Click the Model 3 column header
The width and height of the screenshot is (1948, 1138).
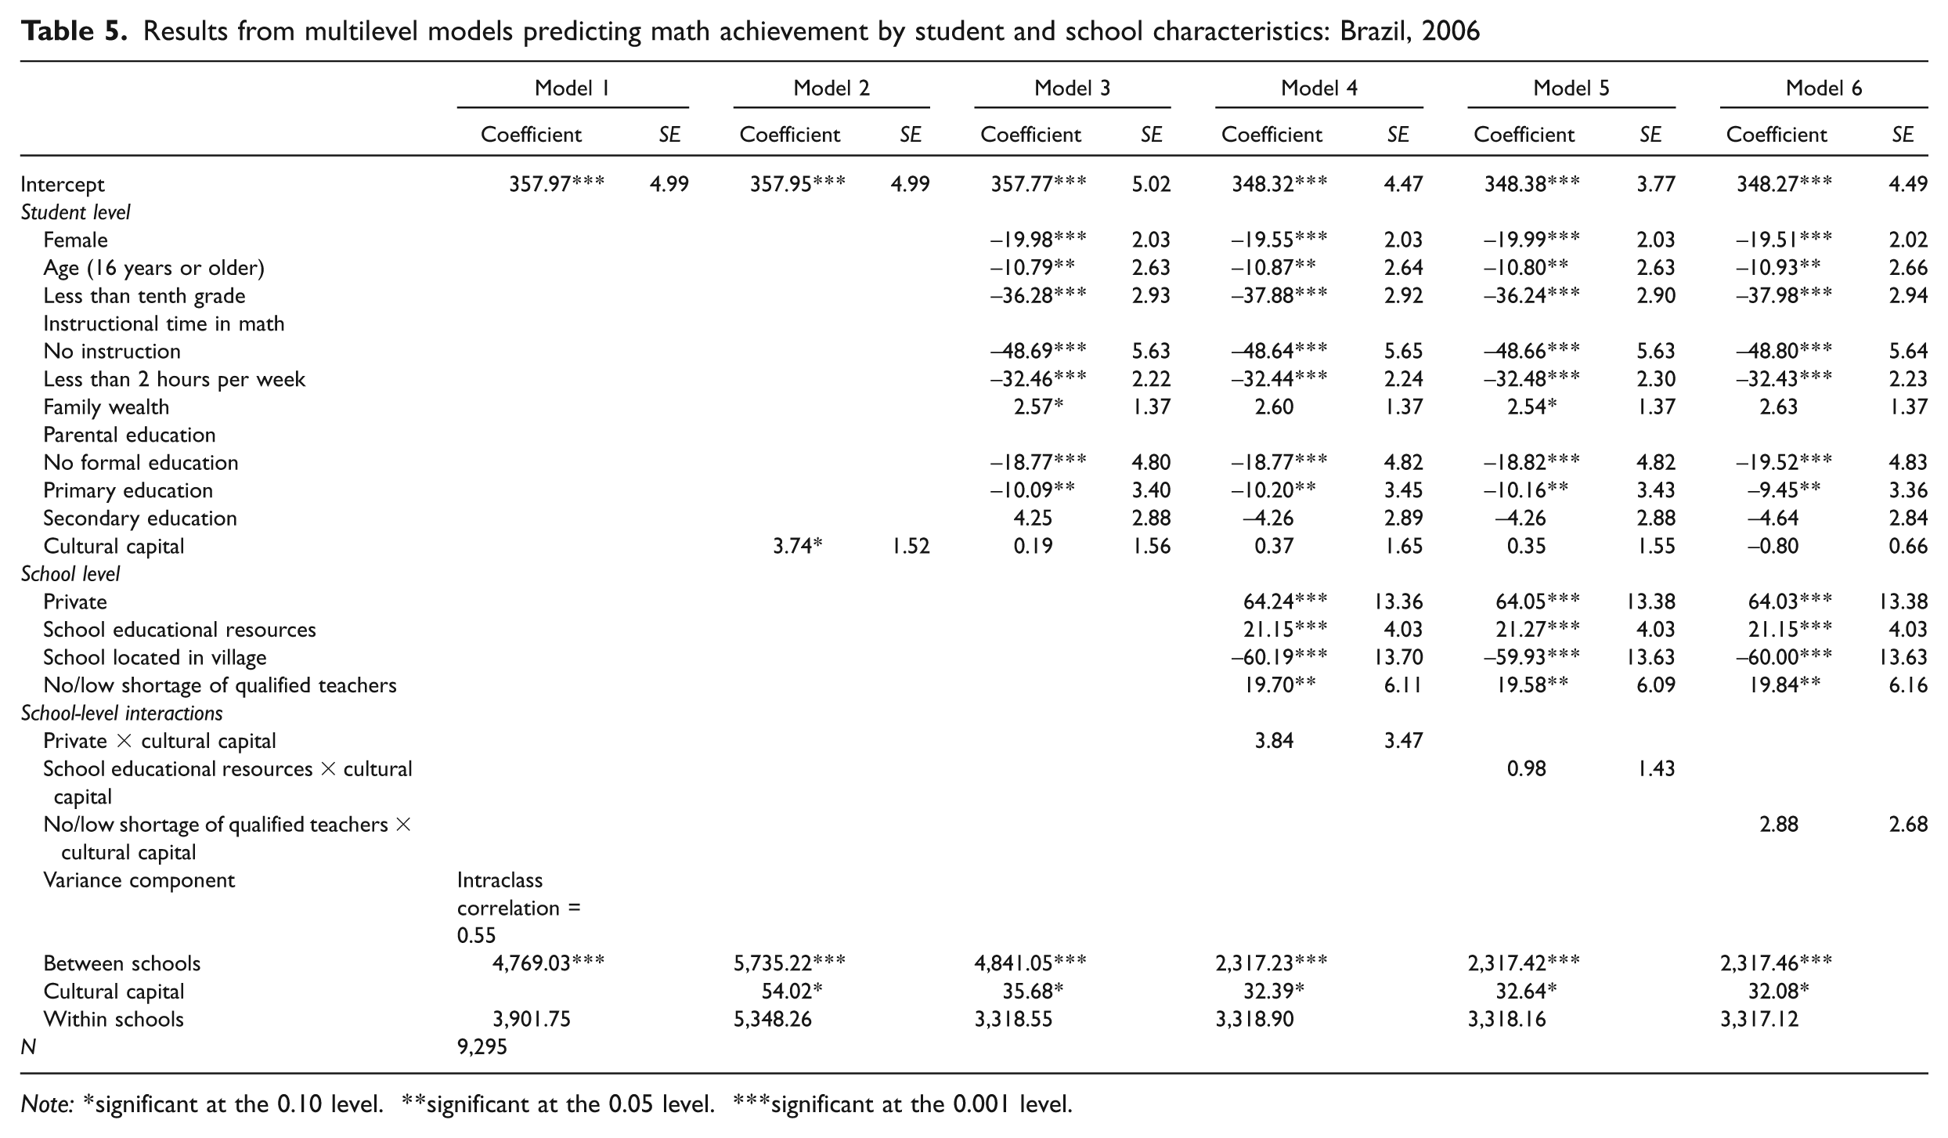(1072, 89)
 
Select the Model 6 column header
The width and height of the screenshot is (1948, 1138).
(1824, 89)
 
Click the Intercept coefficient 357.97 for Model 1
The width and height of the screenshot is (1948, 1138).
(557, 184)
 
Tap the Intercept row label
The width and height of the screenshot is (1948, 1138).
(63, 185)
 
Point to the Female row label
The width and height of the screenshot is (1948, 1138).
(76, 240)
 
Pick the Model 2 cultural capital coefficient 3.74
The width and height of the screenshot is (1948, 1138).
(797, 546)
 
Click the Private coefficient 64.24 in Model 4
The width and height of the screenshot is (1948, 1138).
(1285, 602)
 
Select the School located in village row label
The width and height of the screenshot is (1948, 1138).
(155, 658)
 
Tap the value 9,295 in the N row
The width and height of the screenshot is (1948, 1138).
(482, 1047)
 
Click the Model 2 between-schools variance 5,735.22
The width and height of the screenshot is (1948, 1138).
(789, 963)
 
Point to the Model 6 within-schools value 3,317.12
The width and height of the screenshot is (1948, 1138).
(1759, 1019)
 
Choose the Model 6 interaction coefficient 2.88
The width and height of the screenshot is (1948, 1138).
(1779, 825)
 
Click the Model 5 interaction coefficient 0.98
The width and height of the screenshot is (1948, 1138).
(1527, 769)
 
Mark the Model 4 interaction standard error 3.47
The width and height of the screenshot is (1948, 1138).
(1403, 741)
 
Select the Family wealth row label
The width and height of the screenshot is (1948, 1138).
(106, 407)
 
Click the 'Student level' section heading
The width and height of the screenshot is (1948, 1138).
(76, 212)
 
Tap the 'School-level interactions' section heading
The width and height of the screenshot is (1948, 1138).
(122, 714)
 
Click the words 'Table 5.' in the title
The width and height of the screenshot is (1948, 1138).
(74, 31)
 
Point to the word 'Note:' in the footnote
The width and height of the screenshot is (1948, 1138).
(48, 1104)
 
